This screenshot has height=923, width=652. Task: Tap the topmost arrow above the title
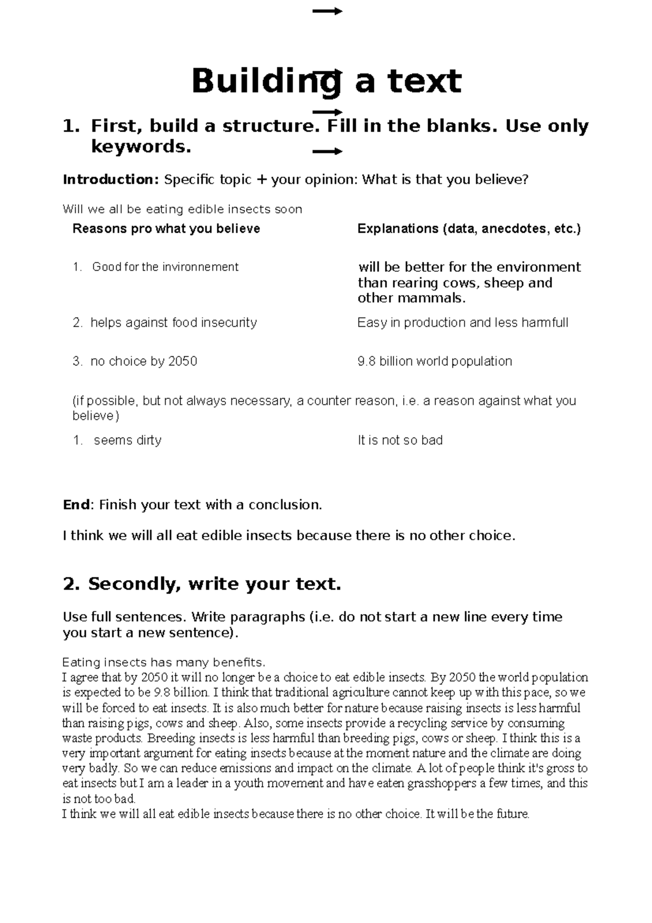point(327,11)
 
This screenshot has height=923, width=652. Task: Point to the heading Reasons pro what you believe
point(166,229)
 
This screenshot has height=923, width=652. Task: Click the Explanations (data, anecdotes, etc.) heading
point(469,229)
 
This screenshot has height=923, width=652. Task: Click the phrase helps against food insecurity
point(173,323)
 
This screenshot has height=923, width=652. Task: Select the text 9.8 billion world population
point(435,361)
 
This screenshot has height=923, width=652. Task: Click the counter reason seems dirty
point(128,440)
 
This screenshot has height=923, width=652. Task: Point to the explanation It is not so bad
point(400,440)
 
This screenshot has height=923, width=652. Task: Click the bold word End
point(76,505)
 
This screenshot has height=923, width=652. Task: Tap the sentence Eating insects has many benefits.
point(164,663)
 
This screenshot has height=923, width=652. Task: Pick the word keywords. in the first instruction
point(141,147)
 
